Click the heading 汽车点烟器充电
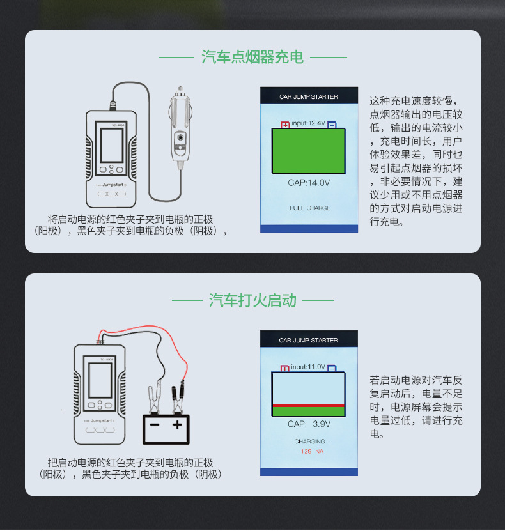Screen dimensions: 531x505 pyautogui.click(x=252, y=57)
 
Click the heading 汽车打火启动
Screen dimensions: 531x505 pyautogui.click(x=252, y=300)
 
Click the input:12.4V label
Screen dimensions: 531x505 pyautogui.click(x=308, y=123)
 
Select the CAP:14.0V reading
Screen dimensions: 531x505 pyautogui.click(x=309, y=183)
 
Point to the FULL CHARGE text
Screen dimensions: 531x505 pyautogui.click(x=309, y=208)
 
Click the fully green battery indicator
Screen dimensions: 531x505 pyautogui.click(x=309, y=151)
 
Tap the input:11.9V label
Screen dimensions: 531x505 pyautogui.click(x=308, y=367)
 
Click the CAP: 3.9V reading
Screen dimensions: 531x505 pyautogui.click(x=309, y=424)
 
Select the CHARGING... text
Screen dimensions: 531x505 pyautogui.click(x=311, y=442)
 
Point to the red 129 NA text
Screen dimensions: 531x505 pyautogui.click(x=312, y=452)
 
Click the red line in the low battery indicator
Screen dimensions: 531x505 pyautogui.click(x=309, y=406)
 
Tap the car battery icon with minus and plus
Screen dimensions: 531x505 pyautogui.click(x=166, y=426)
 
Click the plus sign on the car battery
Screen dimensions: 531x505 pyautogui.click(x=178, y=424)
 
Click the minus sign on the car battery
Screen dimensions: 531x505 pyautogui.click(x=153, y=424)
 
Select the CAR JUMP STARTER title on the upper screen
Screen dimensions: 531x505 pyautogui.click(x=309, y=97)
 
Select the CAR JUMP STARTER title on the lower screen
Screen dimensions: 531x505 pyautogui.click(x=309, y=341)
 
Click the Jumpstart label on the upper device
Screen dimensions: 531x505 pyautogui.click(x=111, y=183)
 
